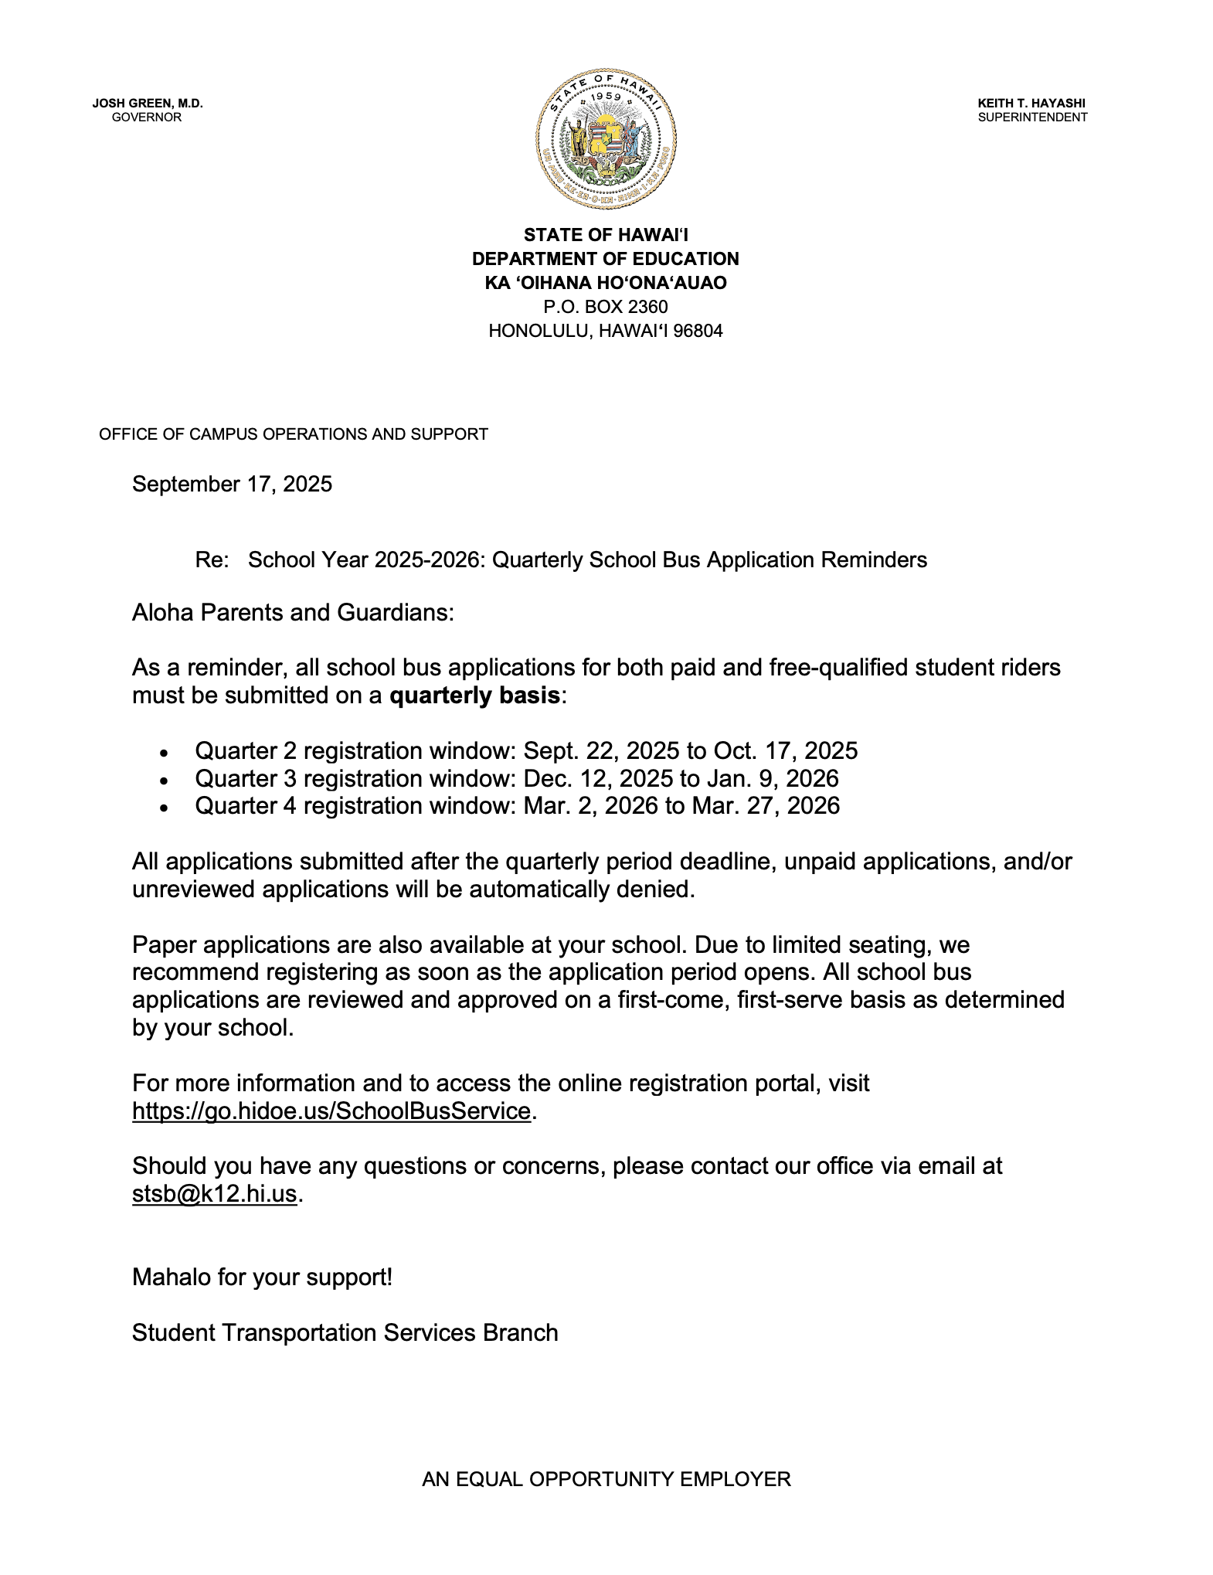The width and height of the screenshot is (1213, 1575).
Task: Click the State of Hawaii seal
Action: [x=606, y=138]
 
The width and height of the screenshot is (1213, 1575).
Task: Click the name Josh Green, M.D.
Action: [x=148, y=103]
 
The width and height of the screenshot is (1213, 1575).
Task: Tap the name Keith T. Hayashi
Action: [x=1031, y=103]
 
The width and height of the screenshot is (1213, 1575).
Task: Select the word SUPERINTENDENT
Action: [x=1032, y=117]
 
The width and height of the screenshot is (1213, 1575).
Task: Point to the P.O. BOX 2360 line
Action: [x=606, y=307]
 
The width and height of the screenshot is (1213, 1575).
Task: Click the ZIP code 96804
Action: [x=698, y=332]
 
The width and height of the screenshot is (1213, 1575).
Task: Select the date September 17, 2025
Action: [x=232, y=485]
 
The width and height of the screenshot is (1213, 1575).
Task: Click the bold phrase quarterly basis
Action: [x=474, y=696]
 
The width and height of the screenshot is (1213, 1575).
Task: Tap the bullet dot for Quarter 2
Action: [x=163, y=753]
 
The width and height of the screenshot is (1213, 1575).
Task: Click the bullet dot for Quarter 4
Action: [x=163, y=808]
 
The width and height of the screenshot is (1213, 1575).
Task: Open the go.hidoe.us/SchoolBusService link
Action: [x=331, y=1111]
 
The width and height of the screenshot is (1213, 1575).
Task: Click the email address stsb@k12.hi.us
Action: [x=214, y=1194]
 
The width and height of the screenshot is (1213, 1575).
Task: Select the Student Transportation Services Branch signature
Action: [x=345, y=1333]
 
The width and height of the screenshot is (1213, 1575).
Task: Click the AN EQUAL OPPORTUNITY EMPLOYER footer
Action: [x=606, y=1479]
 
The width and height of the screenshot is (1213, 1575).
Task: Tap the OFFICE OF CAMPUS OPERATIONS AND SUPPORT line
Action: [x=294, y=434]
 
